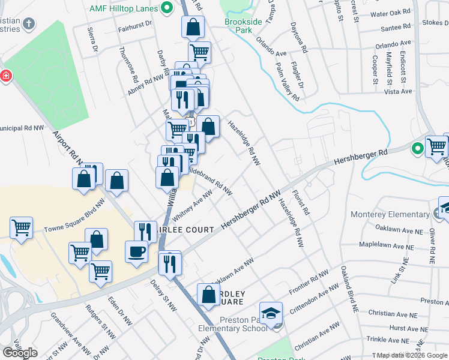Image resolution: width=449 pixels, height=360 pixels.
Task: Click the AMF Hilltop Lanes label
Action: tap(123, 9)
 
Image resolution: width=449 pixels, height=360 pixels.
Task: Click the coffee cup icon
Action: tap(136, 251)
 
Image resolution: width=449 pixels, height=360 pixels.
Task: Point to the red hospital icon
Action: tap(5, 76)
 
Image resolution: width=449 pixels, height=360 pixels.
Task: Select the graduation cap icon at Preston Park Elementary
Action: tap(274, 314)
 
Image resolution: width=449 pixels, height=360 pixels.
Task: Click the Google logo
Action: tap(20, 352)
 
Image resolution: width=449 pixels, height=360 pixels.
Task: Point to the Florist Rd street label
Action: tap(300, 203)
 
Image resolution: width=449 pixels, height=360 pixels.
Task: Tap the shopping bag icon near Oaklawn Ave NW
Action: tap(208, 295)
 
